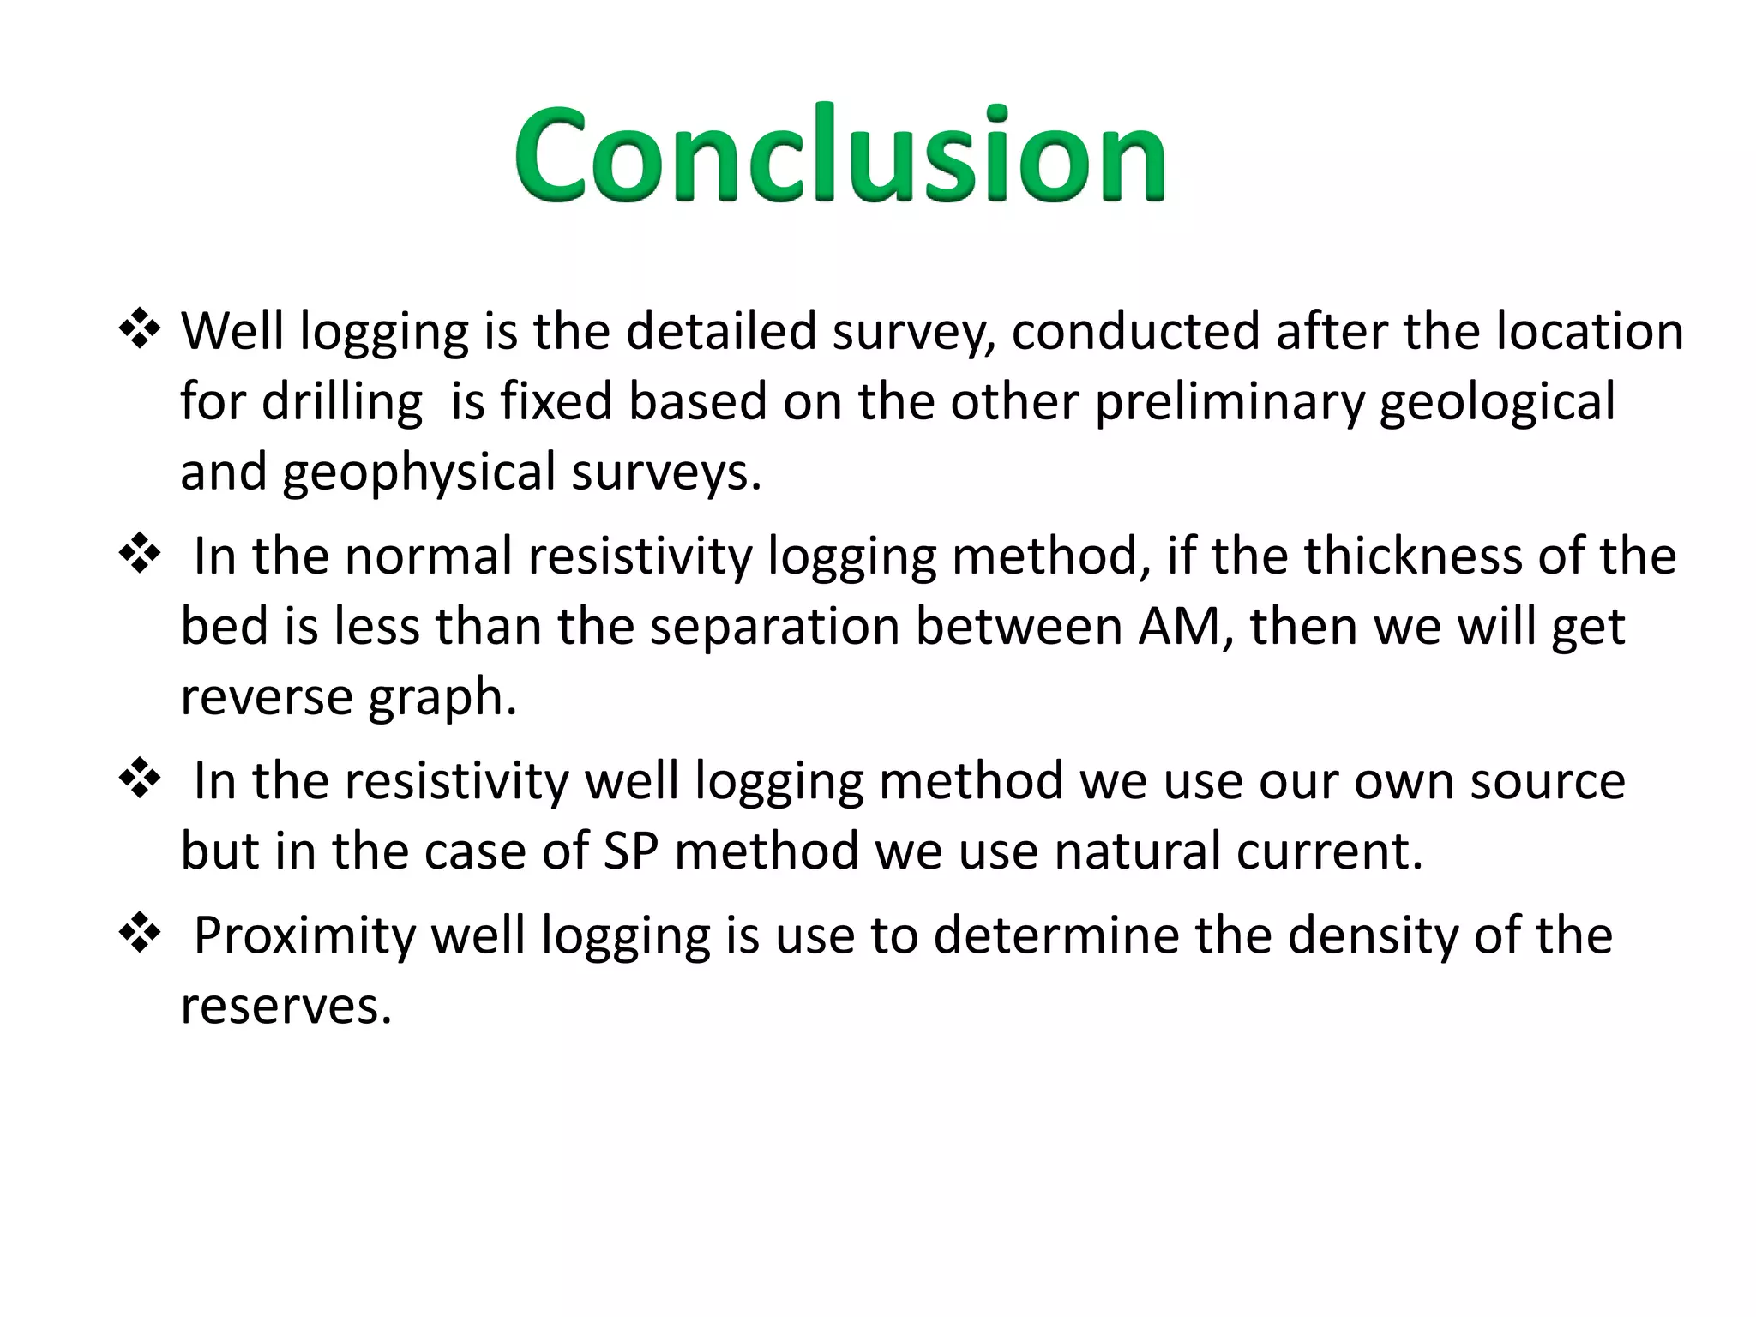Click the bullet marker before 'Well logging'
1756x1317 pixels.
[140, 331]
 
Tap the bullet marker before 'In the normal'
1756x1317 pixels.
[140, 556]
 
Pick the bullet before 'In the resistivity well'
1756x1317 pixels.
[140, 780]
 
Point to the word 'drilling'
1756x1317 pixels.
[341, 403]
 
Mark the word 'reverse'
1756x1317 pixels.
[266, 696]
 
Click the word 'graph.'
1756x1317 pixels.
[442, 698]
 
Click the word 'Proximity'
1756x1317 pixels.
[304, 936]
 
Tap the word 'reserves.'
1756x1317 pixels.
[286, 1007]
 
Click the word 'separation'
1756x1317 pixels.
[773, 628]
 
